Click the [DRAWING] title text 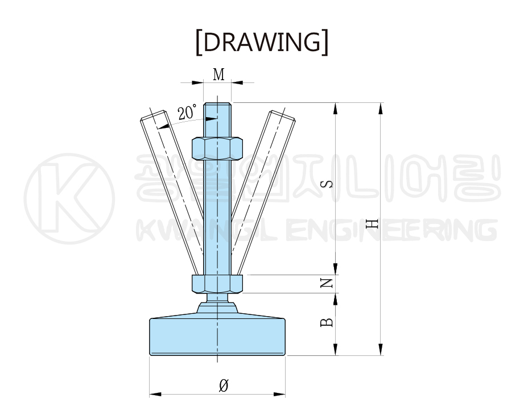tap(262, 42)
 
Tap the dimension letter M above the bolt tap(219, 74)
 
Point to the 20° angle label tap(187, 112)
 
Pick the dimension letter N tap(327, 283)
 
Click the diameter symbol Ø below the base tap(224, 385)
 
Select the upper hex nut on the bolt tap(217, 148)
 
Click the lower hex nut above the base tap(217, 284)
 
